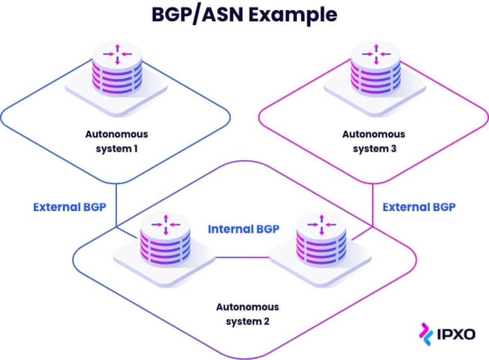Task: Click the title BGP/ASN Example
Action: pyautogui.click(x=244, y=15)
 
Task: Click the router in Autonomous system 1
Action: pyautogui.click(x=117, y=73)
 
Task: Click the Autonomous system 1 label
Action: pyautogui.click(x=117, y=141)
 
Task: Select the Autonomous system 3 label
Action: pyautogui.click(x=374, y=141)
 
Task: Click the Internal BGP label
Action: pyautogui.click(x=244, y=229)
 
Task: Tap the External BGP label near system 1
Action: pyautogui.click(x=70, y=207)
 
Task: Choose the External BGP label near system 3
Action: pyautogui.click(x=419, y=207)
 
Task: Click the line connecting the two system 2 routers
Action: pyautogui.click(x=242, y=257)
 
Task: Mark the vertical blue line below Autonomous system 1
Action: pyautogui.click(x=116, y=204)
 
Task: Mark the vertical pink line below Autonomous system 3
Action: pyautogui.click(x=372, y=204)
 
